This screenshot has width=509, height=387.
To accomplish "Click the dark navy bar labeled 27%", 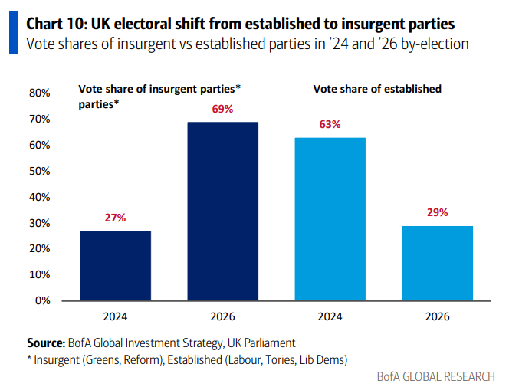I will (x=115, y=265).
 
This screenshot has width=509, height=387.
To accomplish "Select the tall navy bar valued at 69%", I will (x=223, y=211).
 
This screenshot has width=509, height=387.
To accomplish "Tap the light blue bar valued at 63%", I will (x=330, y=218).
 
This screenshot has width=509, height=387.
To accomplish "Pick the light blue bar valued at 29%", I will (x=438, y=263).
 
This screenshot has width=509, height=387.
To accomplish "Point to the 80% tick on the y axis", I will (x=39, y=93).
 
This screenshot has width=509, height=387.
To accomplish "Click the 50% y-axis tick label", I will (x=39, y=171).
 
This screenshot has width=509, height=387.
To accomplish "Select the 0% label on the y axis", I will (x=42, y=300).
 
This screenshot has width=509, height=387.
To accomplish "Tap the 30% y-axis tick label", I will (x=39, y=223).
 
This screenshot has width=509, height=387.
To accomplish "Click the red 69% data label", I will (x=223, y=110).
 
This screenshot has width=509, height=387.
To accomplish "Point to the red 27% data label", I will (x=115, y=218).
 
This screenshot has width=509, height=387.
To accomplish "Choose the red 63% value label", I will (x=330, y=125).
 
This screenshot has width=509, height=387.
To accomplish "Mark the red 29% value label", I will (x=438, y=213).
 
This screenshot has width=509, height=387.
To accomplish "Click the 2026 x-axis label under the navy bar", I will (x=223, y=316).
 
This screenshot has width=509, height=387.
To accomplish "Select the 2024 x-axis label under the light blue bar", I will (x=330, y=316).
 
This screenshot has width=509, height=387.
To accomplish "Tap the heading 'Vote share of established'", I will (x=377, y=89).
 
